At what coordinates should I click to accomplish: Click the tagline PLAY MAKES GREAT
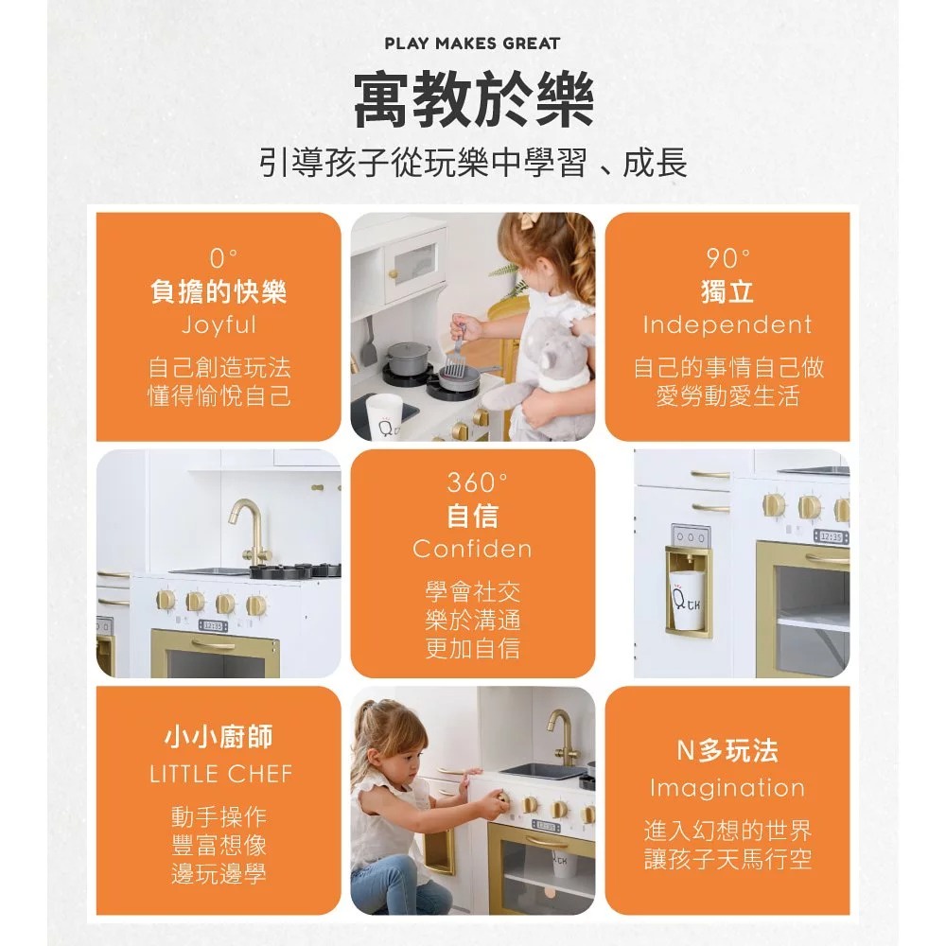472,44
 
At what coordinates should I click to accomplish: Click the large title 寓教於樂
474,99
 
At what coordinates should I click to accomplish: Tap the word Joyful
219,325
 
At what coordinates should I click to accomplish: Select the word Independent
727,325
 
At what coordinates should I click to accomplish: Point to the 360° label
477,482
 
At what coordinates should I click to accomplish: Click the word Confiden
472,549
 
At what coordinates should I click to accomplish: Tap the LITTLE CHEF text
220,774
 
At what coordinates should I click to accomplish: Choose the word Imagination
727,788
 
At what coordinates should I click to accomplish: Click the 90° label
728,258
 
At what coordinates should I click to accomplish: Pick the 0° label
223,258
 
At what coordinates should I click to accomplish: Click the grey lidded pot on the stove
409,359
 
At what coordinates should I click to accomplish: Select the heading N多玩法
727,751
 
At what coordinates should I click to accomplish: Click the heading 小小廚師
219,737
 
